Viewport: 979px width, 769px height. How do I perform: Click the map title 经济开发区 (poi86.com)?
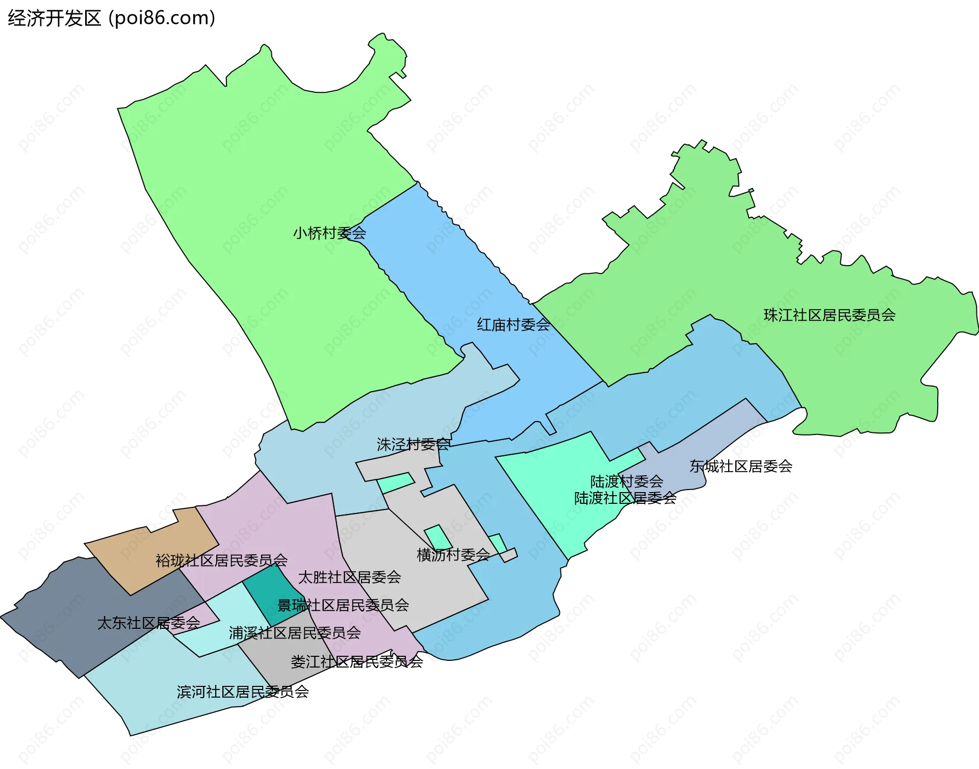(x=111, y=18)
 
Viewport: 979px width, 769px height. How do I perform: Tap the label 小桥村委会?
(x=329, y=234)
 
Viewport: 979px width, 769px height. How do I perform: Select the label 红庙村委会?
(x=513, y=325)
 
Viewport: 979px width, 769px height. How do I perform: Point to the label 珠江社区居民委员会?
(x=829, y=315)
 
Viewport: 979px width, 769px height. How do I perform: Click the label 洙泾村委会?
(x=413, y=445)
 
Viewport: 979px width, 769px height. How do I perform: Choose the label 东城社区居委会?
(x=740, y=466)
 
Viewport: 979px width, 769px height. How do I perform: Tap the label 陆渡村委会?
(x=626, y=481)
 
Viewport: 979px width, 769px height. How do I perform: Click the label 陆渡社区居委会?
(x=625, y=498)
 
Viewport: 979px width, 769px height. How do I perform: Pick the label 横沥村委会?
(x=453, y=555)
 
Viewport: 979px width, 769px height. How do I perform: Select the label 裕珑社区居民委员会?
(x=221, y=561)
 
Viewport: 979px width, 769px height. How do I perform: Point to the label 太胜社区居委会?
(x=349, y=577)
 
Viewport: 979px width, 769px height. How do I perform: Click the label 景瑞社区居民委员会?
(x=343, y=605)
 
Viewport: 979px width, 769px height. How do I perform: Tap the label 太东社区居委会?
(x=148, y=623)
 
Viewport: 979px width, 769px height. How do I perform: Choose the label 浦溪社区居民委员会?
(x=295, y=633)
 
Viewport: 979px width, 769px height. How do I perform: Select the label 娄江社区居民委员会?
(x=356, y=662)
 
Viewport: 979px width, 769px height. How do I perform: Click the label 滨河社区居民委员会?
(x=243, y=692)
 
